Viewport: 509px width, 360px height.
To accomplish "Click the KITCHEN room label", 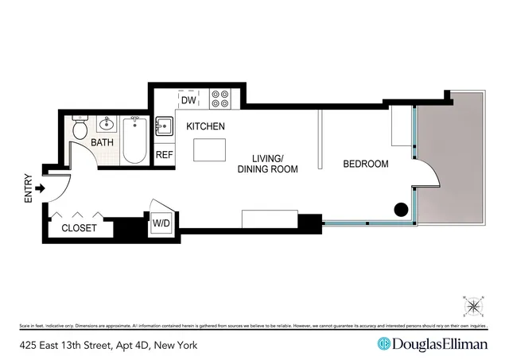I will tap(205, 126).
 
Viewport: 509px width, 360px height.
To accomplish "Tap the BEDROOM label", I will tap(365, 165).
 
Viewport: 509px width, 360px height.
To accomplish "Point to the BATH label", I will tap(101, 142).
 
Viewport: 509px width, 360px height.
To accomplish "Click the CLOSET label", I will tap(79, 228).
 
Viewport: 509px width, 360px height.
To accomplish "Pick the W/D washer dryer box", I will tap(162, 224).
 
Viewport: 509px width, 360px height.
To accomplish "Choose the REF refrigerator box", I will tap(164, 155).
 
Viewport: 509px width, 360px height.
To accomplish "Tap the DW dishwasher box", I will tap(188, 101).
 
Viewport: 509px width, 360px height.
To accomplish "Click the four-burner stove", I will tap(220, 99).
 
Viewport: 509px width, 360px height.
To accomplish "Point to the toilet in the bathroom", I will tap(80, 129).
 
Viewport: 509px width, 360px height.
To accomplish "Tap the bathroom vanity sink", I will tap(107, 124).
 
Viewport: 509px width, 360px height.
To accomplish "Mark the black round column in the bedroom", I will tap(402, 210).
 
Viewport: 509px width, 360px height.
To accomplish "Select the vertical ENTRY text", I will tap(28, 188).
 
